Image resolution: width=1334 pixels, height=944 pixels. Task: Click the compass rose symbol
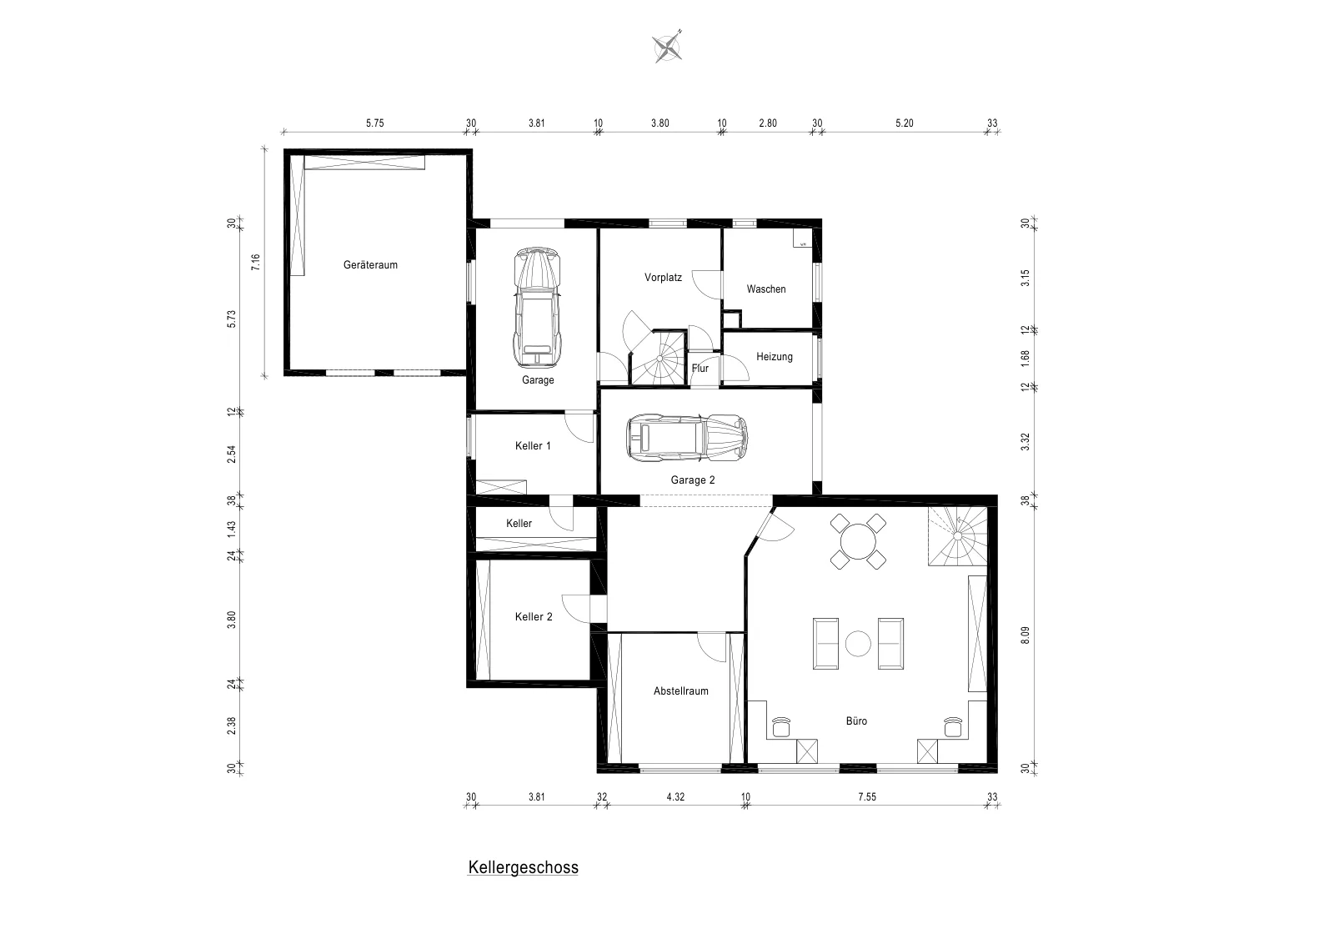667,47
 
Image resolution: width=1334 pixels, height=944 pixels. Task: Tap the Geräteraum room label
370,265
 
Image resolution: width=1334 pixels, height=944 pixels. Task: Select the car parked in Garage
538,308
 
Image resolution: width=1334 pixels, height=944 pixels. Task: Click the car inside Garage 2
687,438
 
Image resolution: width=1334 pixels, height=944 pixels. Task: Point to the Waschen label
766,289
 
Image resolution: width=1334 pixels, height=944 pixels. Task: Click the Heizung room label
775,357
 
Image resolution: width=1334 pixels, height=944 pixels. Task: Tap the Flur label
700,368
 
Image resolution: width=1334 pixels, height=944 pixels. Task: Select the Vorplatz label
663,278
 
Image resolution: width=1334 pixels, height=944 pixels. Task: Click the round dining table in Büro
858,541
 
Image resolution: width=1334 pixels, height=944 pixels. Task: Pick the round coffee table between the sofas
858,644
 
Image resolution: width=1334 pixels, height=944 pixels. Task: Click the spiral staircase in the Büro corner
957,536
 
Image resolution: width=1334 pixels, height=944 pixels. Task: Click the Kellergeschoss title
523,868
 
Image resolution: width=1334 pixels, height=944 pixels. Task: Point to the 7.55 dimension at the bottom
867,797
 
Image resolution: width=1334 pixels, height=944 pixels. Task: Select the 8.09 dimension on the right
1025,635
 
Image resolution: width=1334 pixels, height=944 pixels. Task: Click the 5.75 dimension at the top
374,123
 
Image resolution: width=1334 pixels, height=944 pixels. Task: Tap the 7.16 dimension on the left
255,262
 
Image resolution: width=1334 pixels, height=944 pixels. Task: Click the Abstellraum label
680,691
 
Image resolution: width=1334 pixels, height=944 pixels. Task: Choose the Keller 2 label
534,617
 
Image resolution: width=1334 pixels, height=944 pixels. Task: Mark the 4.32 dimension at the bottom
675,797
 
